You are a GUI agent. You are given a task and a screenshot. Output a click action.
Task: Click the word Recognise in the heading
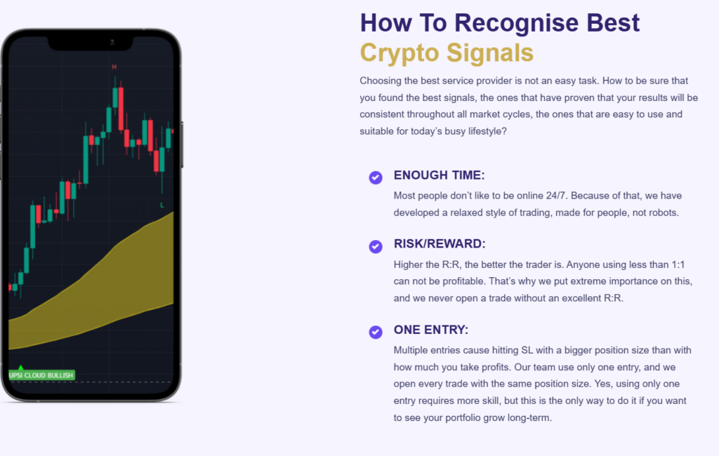[517, 23]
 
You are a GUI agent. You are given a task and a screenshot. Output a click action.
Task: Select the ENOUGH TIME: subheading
[439, 175]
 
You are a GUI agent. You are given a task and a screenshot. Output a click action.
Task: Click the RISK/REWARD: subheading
[440, 243]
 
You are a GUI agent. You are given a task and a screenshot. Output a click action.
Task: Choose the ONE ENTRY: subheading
[430, 330]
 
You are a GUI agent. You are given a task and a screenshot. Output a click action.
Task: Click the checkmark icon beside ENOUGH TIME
[376, 177]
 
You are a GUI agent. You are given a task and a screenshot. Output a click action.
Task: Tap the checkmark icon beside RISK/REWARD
[376, 246]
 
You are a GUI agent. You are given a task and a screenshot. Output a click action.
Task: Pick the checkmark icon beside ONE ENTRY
[376, 332]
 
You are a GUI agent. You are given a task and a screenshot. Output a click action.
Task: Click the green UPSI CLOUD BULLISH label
[41, 375]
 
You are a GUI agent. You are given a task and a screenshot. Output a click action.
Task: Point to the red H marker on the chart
[114, 67]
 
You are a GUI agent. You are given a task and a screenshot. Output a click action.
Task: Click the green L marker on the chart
[162, 205]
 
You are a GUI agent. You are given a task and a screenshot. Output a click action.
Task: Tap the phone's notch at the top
[91, 43]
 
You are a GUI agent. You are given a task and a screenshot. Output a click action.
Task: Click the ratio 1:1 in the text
[678, 264]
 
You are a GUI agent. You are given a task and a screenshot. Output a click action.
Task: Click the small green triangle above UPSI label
[20, 368]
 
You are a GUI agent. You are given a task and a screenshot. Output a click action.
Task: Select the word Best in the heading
[612, 23]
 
